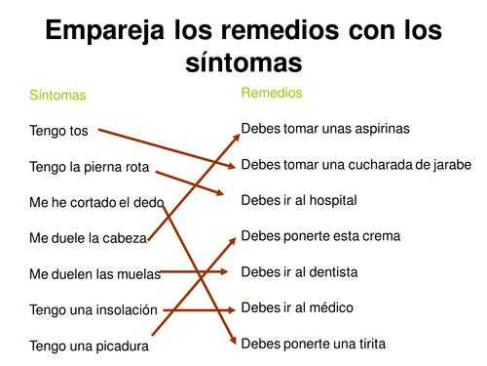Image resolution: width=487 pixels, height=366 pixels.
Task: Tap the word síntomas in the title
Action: click(243, 63)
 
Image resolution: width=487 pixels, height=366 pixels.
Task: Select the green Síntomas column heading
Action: click(57, 96)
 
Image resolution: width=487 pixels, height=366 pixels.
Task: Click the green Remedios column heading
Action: click(272, 93)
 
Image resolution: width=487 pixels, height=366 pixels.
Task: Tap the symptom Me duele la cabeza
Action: click(89, 237)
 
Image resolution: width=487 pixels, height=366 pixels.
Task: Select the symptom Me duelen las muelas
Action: click(95, 273)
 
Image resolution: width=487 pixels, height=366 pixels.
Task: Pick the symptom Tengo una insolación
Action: click(94, 309)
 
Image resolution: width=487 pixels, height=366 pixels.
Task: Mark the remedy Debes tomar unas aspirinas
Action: click(325, 128)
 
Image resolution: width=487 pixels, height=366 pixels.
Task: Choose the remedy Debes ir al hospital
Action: click(299, 200)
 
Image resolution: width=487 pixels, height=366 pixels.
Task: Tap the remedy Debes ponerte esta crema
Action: click(320, 236)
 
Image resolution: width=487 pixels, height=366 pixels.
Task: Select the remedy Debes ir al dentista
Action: click(299, 271)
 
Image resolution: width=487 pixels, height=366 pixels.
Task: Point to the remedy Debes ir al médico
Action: click(296, 307)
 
